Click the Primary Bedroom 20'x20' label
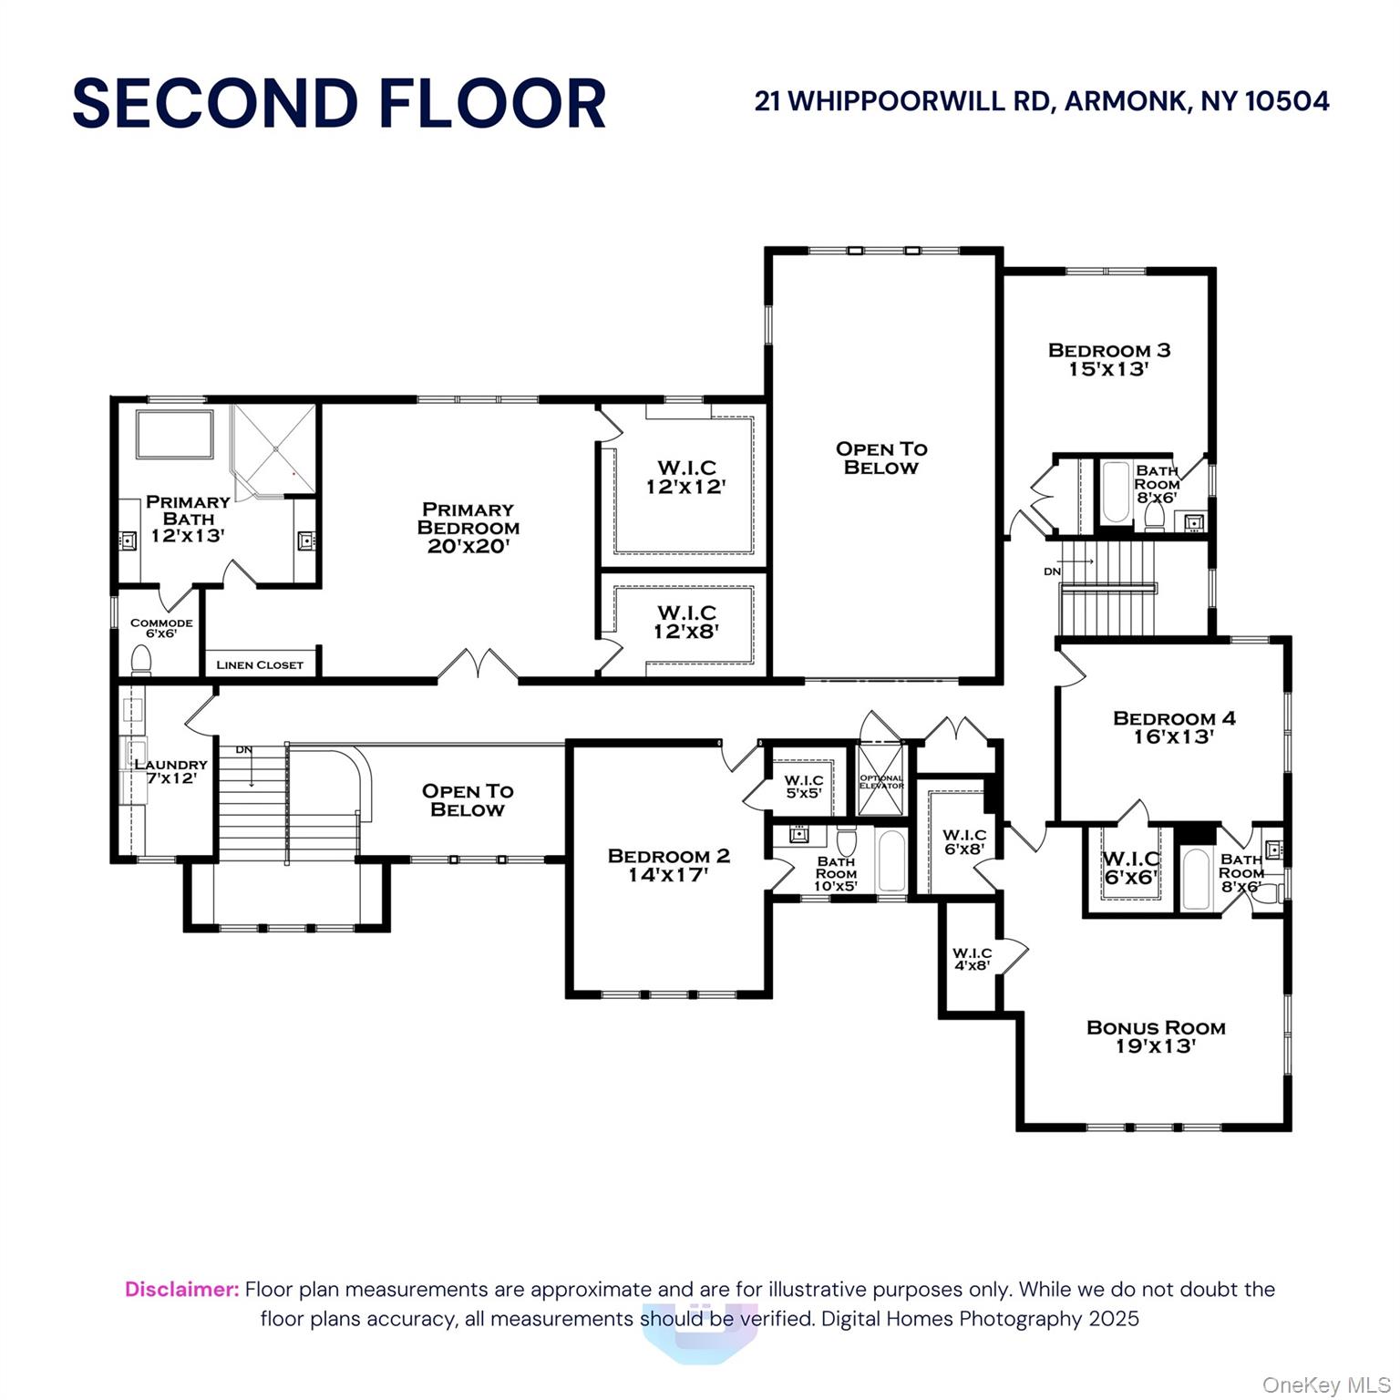pyautogui.click(x=468, y=528)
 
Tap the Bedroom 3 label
pyautogui.click(x=1109, y=359)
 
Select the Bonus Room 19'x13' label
pyautogui.click(x=1156, y=1036)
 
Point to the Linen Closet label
pyautogui.click(x=260, y=664)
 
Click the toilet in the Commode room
pyautogui.click(x=141, y=658)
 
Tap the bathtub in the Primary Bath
pyautogui.click(x=174, y=435)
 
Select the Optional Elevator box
pyautogui.click(x=880, y=781)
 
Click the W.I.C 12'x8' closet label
pyautogui.click(x=686, y=621)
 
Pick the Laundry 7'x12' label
pyautogui.click(x=170, y=771)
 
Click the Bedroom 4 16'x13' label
pyautogui.click(x=1174, y=726)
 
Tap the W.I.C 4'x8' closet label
pyautogui.click(x=972, y=959)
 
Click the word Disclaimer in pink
pyautogui.click(x=181, y=1289)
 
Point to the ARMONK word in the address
pyautogui.click(x=1126, y=100)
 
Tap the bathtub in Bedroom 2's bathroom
pyautogui.click(x=890, y=860)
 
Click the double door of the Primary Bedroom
pyautogui.click(x=479, y=665)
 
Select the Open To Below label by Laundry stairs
pyautogui.click(x=467, y=800)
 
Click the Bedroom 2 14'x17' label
pyautogui.click(x=668, y=864)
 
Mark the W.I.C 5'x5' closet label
pyautogui.click(x=804, y=787)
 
